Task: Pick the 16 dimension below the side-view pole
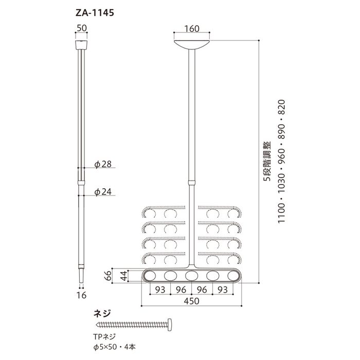[x=81, y=295]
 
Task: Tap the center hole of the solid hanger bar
[x=191, y=276]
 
